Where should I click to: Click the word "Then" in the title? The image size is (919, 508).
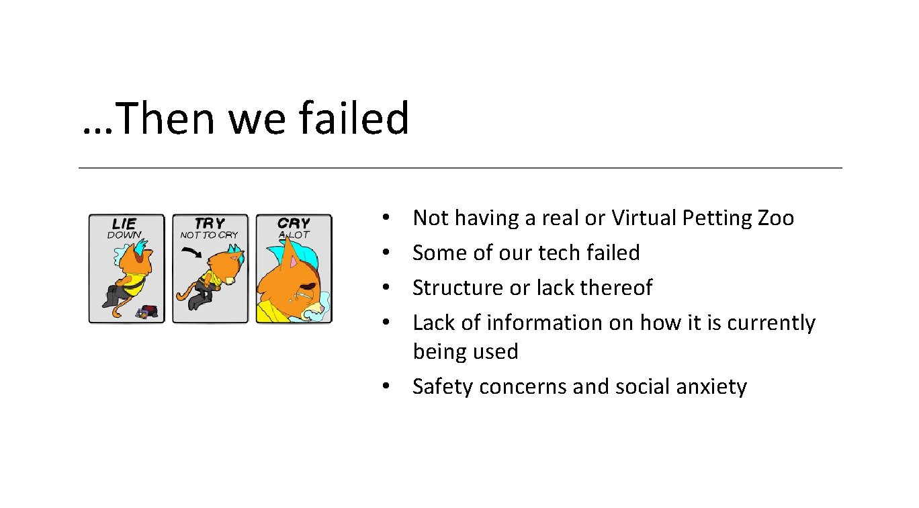point(167,118)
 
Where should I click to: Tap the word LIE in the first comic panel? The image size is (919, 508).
point(124,223)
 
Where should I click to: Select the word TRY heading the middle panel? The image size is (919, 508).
point(210,223)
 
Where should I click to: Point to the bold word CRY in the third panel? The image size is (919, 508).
point(294,223)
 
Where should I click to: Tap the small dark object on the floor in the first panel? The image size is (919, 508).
point(147,311)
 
